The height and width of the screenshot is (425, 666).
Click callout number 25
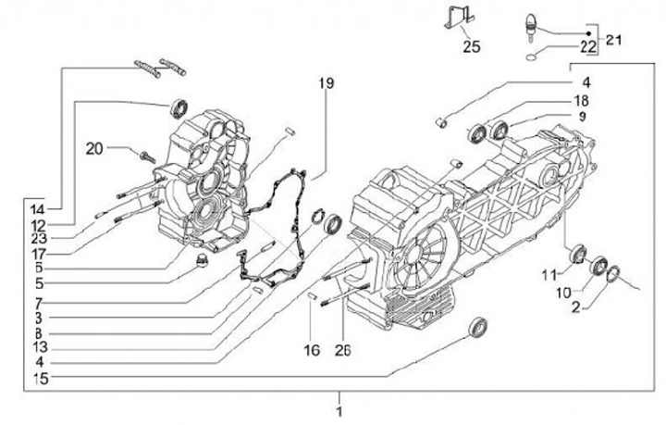tap(472, 45)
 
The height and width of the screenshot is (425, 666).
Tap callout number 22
tap(588, 47)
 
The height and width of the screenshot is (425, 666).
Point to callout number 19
tap(326, 83)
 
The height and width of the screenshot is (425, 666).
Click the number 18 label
tap(581, 100)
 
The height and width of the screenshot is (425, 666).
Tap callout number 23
tap(37, 236)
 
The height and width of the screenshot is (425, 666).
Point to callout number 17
tap(37, 252)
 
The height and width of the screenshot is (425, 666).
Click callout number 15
tap(37, 378)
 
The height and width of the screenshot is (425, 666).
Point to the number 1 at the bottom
tap(339, 411)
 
